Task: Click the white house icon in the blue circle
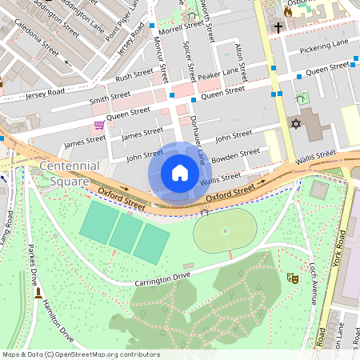180,173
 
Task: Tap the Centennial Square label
70,172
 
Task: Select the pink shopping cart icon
99,125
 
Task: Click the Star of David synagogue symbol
295,125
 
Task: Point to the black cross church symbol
278,28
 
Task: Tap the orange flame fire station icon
288,12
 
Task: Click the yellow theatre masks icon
292,278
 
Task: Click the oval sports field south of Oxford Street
225,231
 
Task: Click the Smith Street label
110,98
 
